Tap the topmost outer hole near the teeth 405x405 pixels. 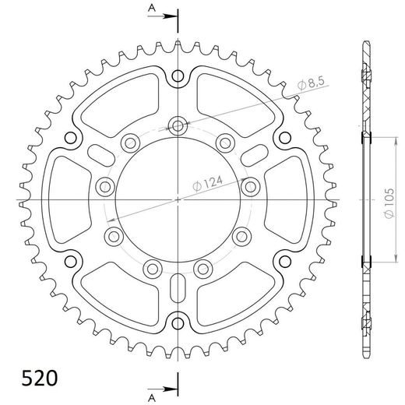coord(178,76)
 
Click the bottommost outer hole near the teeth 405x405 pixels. coord(178,323)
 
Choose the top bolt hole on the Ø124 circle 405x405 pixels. coord(178,125)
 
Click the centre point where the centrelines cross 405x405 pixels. coord(178,200)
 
